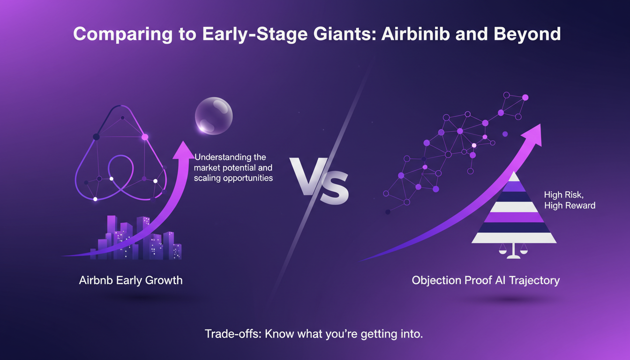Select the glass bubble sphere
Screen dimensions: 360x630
point(214,115)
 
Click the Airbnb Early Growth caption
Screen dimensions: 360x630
point(131,280)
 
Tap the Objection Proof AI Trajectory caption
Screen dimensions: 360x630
point(486,280)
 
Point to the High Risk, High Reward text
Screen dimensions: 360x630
point(570,200)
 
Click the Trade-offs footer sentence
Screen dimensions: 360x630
point(314,334)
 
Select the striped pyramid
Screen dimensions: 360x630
point(514,210)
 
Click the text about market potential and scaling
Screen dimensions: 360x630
point(233,167)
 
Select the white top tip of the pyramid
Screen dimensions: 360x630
point(514,177)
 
